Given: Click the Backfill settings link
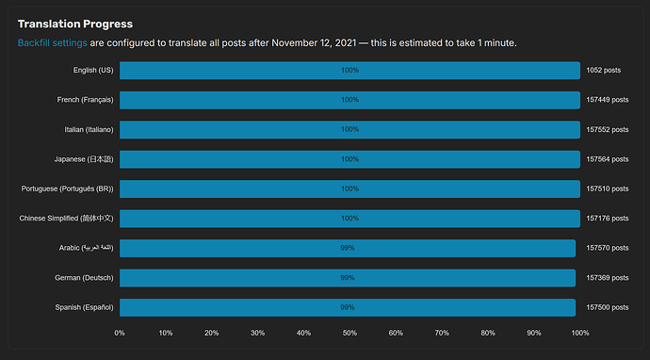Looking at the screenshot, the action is [x=52, y=43].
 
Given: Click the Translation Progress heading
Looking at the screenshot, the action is [x=75, y=25].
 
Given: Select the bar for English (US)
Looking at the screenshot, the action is [x=349, y=71].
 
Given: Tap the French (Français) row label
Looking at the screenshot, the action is [x=86, y=100].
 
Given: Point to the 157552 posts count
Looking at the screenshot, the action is [x=608, y=130].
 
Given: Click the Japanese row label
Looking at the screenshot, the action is [x=84, y=159].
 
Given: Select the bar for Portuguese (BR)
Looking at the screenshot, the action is [x=349, y=188].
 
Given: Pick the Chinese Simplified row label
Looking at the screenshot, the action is [x=66, y=219].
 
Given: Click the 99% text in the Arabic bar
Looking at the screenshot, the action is [x=348, y=248].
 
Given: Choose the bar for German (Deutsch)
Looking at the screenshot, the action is [x=348, y=278].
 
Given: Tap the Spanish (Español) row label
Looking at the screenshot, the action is [x=84, y=308].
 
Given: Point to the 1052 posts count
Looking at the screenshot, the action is [x=604, y=71].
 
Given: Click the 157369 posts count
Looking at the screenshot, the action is [x=608, y=278].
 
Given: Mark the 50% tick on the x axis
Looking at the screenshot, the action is [x=349, y=333].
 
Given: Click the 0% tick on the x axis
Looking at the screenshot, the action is [x=120, y=333].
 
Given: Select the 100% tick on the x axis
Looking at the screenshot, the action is [x=580, y=333].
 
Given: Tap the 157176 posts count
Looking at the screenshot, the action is [x=608, y=219].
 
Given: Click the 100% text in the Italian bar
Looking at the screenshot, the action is [x=349, y=129].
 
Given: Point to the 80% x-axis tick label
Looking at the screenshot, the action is [x=488, y=333].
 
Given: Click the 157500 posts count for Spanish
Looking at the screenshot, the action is [x=608, y=308].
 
